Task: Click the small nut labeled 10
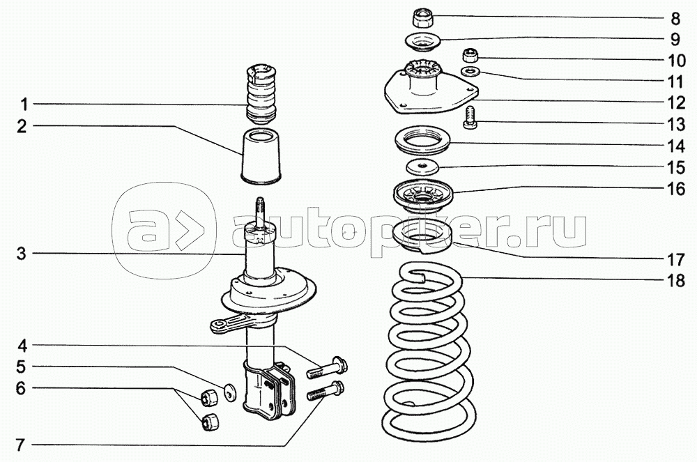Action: coord(471,55)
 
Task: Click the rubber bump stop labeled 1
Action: coord(259,93)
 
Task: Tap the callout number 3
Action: coord(22,254)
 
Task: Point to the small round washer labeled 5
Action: coord(229,391)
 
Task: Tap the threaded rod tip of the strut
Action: coord(260,207)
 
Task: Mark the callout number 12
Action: coord(675,103)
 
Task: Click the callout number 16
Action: coord(675,189)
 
